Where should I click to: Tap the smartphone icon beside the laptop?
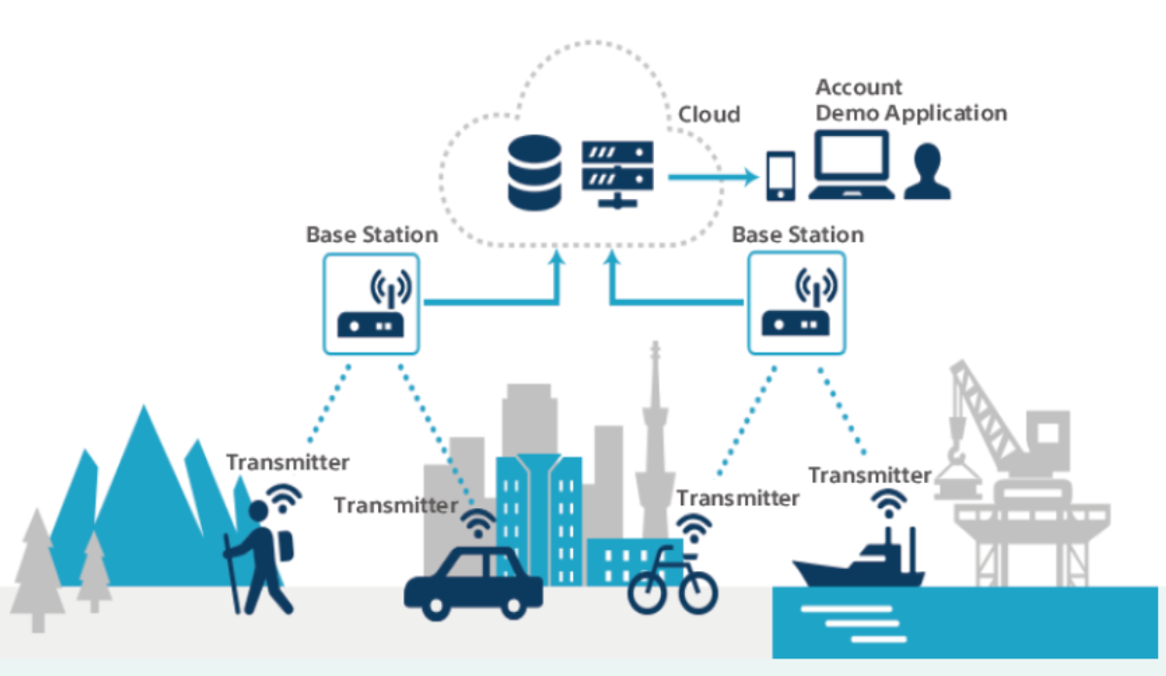tap(780, 176)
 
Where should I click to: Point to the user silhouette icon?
tap(927, 172)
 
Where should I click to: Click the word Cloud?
tap(708, 115)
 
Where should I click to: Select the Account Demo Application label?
tap(909, 101)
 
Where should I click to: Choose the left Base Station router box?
tap(370, 302)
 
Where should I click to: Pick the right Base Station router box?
tap(797, 302)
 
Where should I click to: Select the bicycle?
tap(672, 582)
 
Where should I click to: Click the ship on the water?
tap(859, 562)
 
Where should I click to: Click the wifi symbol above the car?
tap(476, 524)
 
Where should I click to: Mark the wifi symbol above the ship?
tap(886, 503)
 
